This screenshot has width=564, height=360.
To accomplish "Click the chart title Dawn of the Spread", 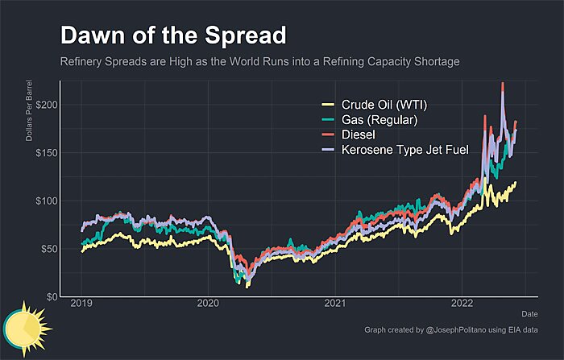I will pyautogui.click(x=173, y=36).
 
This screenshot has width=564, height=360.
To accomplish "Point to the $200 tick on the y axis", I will pyautogui.click(x=46, y=106).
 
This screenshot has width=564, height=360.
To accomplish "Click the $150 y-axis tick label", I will pyautogui.click(x=46, y=153).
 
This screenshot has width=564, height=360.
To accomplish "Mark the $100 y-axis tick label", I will pyautogui.click(x=46, y=201).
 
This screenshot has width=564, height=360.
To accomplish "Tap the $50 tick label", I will pyautogui.click(x=48, y=249).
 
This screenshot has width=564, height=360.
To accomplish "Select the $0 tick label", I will pyautogui.click(x=51, y=297).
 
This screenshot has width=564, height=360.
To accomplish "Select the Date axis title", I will pyautogui.click(x=529, y=313).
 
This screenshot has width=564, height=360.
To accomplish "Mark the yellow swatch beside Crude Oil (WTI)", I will pyautogui.click(x=328, y=106).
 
